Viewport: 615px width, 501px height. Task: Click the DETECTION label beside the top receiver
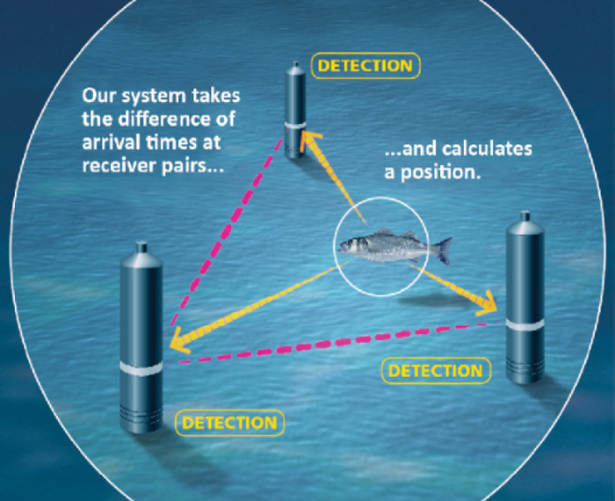(365, 66)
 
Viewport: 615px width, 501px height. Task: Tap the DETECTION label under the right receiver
(435, 370)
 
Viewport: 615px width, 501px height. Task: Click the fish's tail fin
(443, 250)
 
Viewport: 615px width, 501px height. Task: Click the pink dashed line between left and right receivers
(343, 341)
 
